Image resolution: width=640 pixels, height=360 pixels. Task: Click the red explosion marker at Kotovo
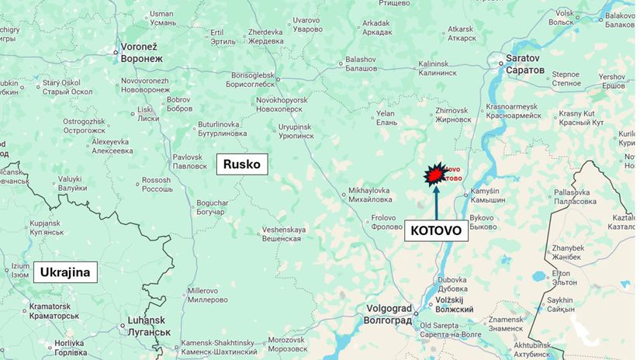point(434,176)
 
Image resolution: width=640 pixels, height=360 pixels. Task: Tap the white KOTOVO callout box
point(435,230)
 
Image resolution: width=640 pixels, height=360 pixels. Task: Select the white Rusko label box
point(242,164)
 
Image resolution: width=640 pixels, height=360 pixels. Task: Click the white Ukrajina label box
point(66,272)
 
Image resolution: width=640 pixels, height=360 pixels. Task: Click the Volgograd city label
point(389,313)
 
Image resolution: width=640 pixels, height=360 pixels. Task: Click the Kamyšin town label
point(490,196)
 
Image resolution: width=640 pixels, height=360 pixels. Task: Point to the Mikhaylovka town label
point(368,195)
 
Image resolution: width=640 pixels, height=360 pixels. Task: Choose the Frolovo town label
point(388,223)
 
